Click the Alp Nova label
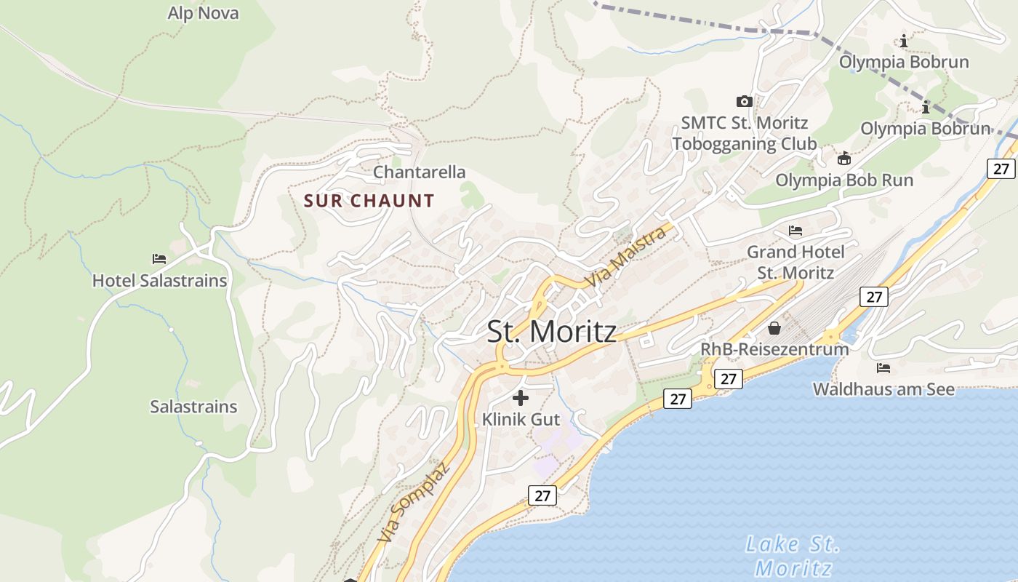(203, 13)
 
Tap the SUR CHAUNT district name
(369, 201)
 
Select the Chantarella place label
(419, 172)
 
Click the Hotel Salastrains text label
(159, 280)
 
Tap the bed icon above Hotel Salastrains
(159, 258)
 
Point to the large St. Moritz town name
(551, 332)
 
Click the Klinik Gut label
(521, 420)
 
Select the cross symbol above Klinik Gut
(521, 398)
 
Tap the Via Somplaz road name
(414, 502)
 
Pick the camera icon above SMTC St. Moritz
(744, 101)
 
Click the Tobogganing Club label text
(744, 143)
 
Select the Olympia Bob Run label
(844, 180)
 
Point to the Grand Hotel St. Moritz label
(795, 263)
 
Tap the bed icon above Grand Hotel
(795, 231)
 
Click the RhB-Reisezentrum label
(774, 349)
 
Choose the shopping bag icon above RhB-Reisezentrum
(774, 328)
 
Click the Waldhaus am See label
(883, 389)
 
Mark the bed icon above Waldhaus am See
(883, 367)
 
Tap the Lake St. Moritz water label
(793, 555)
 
